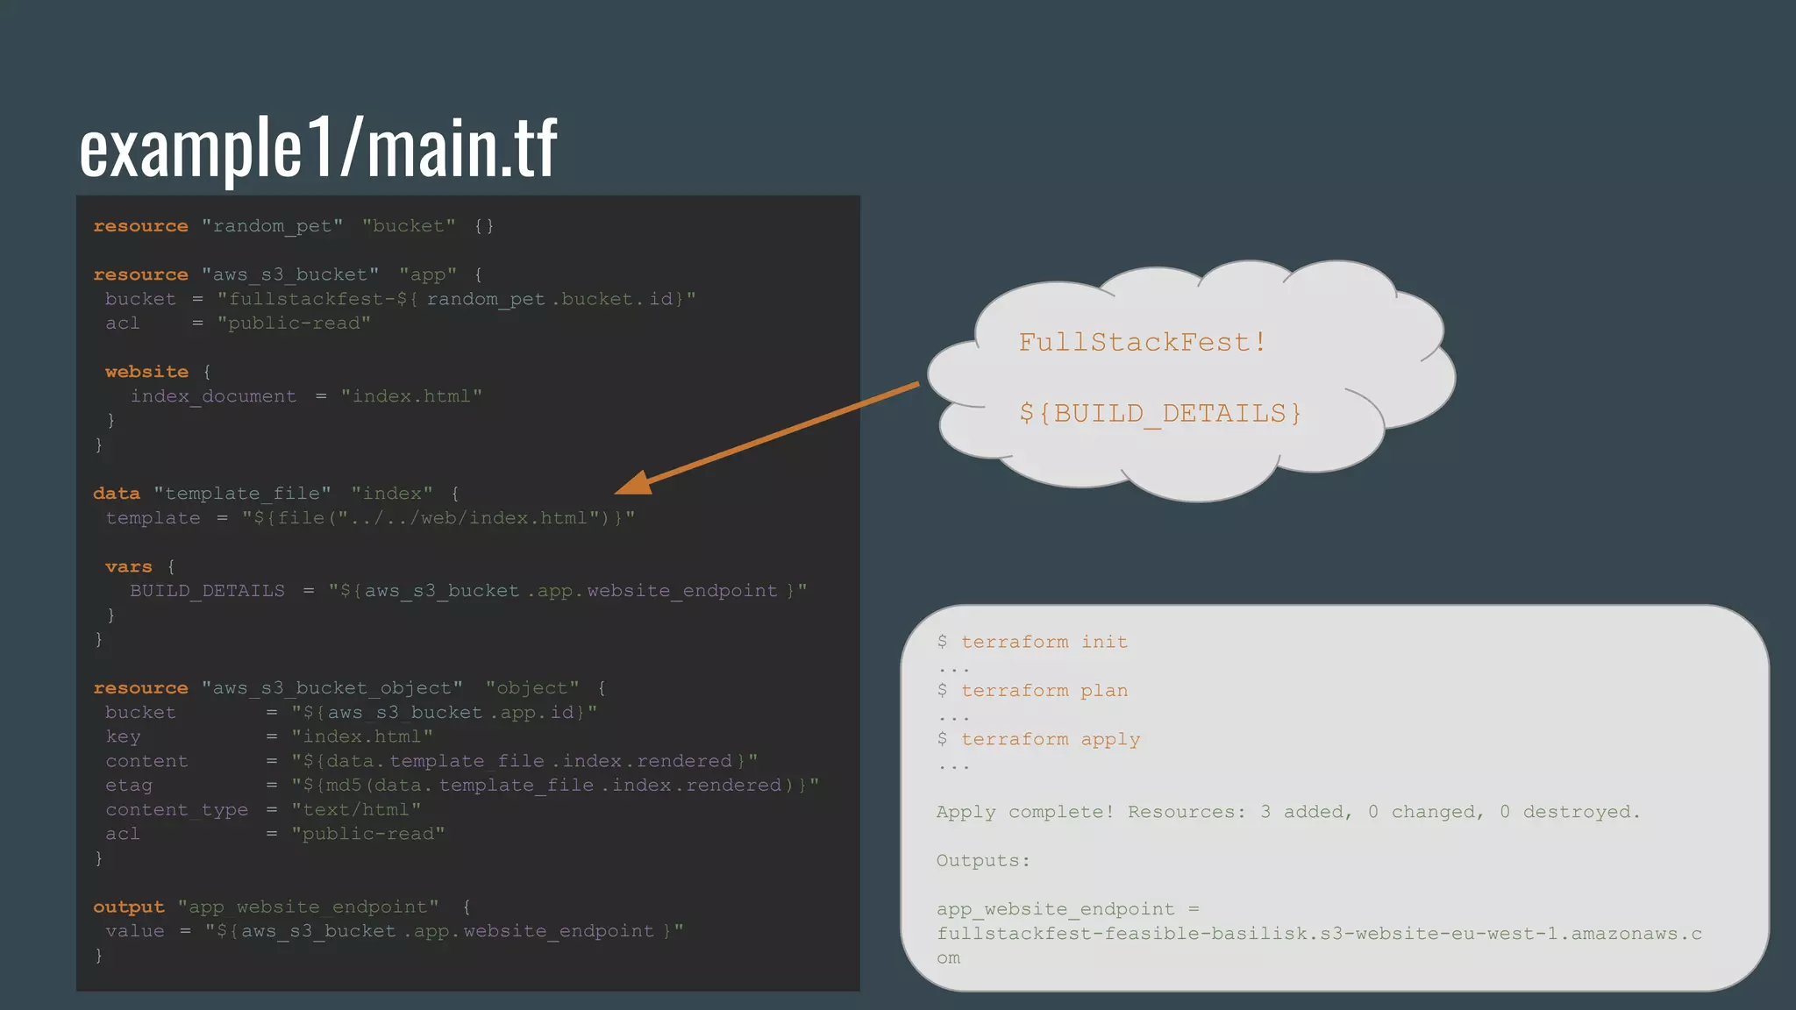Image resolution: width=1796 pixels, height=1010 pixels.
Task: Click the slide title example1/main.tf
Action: point(317,147)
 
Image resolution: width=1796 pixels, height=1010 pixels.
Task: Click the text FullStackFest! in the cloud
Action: point(1142,342)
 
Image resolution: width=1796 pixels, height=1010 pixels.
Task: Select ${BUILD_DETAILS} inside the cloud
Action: point(1160,413)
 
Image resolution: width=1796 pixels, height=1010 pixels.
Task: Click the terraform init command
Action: point(1044,642)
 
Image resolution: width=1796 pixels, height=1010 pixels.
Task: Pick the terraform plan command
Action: point(1044,691)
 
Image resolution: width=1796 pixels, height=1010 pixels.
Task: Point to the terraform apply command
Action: point(1050,740)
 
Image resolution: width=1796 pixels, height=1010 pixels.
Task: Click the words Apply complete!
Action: point(1024,812)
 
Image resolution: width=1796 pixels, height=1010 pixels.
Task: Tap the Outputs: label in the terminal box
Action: point(983,861)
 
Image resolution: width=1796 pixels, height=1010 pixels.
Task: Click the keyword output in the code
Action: point(129,907)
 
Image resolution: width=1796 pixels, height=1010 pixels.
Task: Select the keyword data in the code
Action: point(117,494)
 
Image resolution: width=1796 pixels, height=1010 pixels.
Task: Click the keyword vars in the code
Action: point(129,567)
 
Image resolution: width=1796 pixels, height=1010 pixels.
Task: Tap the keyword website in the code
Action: point(146,372)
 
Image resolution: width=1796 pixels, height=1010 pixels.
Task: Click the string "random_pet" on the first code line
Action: point(272,226)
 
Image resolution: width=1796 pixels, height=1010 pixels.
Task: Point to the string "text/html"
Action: point(356,810)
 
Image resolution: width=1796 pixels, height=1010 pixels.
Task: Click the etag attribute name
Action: point(129,786)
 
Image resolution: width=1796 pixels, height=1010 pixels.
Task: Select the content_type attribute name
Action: point(176,810)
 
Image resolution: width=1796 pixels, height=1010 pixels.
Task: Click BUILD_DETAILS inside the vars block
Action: point(207,591)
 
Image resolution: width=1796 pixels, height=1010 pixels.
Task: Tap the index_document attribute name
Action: point(213,396)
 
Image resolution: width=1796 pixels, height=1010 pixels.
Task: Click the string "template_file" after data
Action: point(242,494)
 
